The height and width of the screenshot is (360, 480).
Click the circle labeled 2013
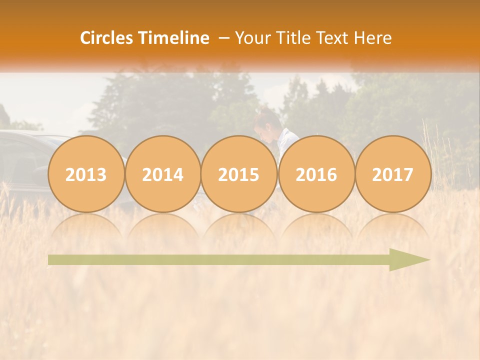coord(86,174)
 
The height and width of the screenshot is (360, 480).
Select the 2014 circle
coord(163,174)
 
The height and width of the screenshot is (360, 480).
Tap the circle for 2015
coord(239,174)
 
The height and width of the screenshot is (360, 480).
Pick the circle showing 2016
coord(316,174)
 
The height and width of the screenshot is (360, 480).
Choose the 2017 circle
coord(393,174)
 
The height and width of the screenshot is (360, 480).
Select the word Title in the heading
coord(295,38)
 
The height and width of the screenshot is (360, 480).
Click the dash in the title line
coord(224,38)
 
